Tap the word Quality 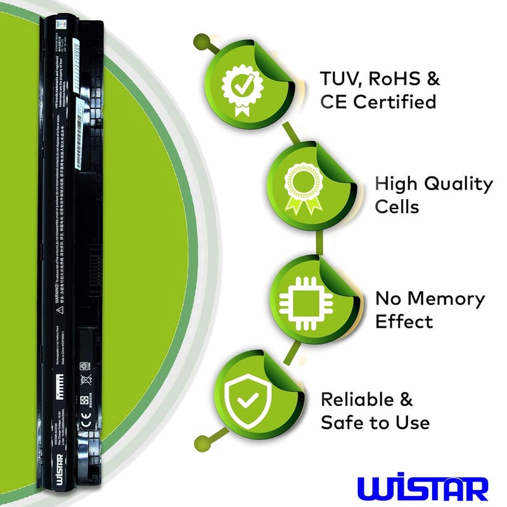[458, 184]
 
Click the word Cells [397, 207]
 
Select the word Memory [446, 298]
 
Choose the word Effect [404, 321]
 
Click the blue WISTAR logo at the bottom [423, 489]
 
